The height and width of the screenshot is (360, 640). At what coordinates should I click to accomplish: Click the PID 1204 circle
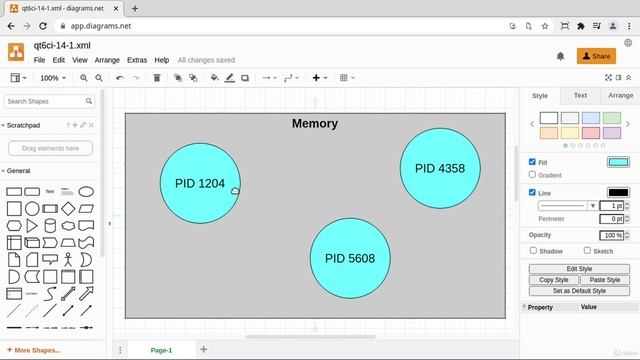pos(200,183)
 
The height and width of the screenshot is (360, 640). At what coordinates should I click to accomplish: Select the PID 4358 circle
pos(440,168)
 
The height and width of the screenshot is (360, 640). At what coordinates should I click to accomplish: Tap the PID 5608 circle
pos(350,258)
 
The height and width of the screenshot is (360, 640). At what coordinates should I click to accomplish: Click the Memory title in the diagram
pos(315,124)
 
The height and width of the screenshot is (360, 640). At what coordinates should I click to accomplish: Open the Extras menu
pos(137,60)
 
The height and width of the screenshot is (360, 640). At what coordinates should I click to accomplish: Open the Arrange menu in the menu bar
pos(107,60)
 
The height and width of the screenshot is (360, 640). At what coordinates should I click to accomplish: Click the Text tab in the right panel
pos(580,96)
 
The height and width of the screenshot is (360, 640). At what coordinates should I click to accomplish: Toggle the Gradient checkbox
pos(533,175)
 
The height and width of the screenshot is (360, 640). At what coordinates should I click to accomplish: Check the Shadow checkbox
pos(533,251)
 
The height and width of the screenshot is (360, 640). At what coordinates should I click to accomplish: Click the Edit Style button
pos(579,269)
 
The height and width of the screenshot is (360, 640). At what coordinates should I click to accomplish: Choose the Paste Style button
pos(604,280)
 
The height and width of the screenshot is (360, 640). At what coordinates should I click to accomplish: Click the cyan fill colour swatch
pos(618,162)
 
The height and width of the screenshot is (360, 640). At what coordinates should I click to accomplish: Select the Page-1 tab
pos(161,350)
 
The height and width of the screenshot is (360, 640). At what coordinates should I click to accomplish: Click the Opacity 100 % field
pos(612,235)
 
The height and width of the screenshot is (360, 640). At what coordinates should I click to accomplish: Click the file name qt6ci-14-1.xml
pos(69,46)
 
